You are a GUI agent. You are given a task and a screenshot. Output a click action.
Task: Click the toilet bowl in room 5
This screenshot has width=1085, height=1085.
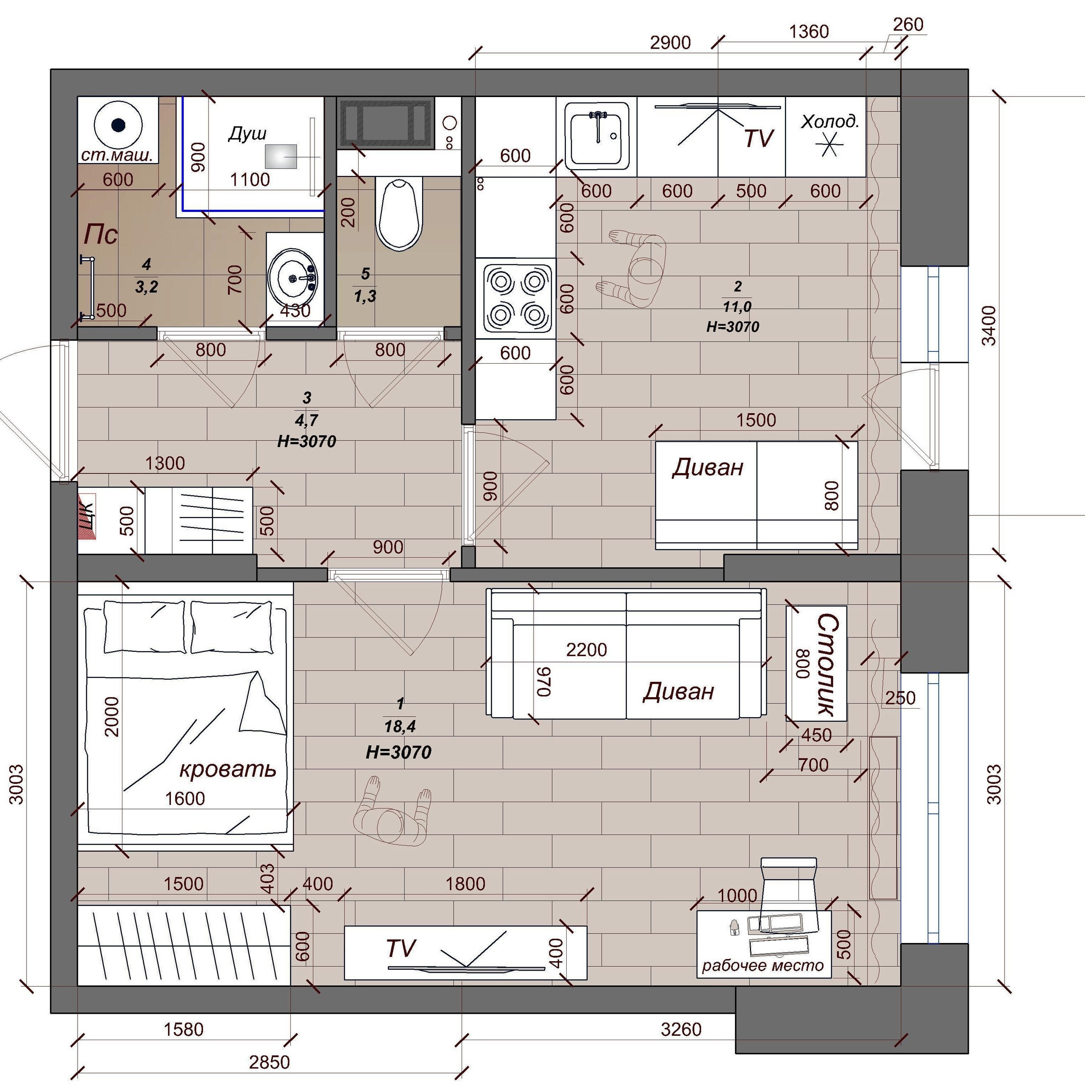tap(399, 214)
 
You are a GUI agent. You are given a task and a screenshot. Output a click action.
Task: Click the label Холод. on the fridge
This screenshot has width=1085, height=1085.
tap(829, 121)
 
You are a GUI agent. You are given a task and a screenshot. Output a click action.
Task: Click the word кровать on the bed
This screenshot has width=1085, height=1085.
tap(228, 769)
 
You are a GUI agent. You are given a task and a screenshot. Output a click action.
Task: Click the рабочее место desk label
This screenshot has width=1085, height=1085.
tap(762, 965)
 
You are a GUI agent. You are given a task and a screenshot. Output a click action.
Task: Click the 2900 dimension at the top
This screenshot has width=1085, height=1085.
tap(670, 43)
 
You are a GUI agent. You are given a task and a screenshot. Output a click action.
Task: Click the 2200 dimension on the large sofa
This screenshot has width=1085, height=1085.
tap(586, 650)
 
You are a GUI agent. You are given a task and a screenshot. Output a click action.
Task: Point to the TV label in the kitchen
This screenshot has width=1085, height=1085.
tap(759, 138)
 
